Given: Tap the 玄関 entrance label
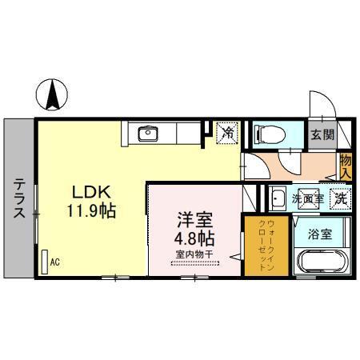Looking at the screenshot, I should coord(323,134).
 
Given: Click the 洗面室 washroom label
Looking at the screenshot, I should coord(306,197).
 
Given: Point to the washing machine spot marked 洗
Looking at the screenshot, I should coord(341,197).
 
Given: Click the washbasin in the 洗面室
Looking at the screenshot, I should coord(278,197).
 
